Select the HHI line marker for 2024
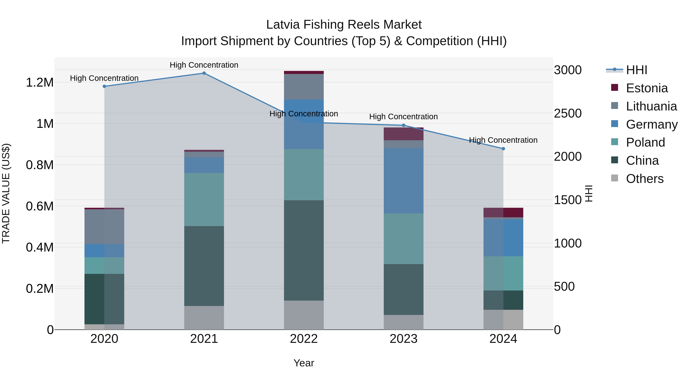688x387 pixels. pos(503,149)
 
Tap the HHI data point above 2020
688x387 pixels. pos(104,86)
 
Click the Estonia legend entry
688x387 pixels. pos(646,88)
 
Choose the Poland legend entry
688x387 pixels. pos(645,142)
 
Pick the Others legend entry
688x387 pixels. pos(644,179)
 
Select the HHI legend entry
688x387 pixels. pos(636,70)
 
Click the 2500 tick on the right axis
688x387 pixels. pos(568,113)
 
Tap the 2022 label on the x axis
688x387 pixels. pos(304,339)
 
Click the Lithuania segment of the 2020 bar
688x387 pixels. pos(104,226)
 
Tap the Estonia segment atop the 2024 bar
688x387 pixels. pos(503,213)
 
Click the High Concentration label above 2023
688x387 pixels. pos(403,117)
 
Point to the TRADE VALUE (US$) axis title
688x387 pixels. pos(6,193)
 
